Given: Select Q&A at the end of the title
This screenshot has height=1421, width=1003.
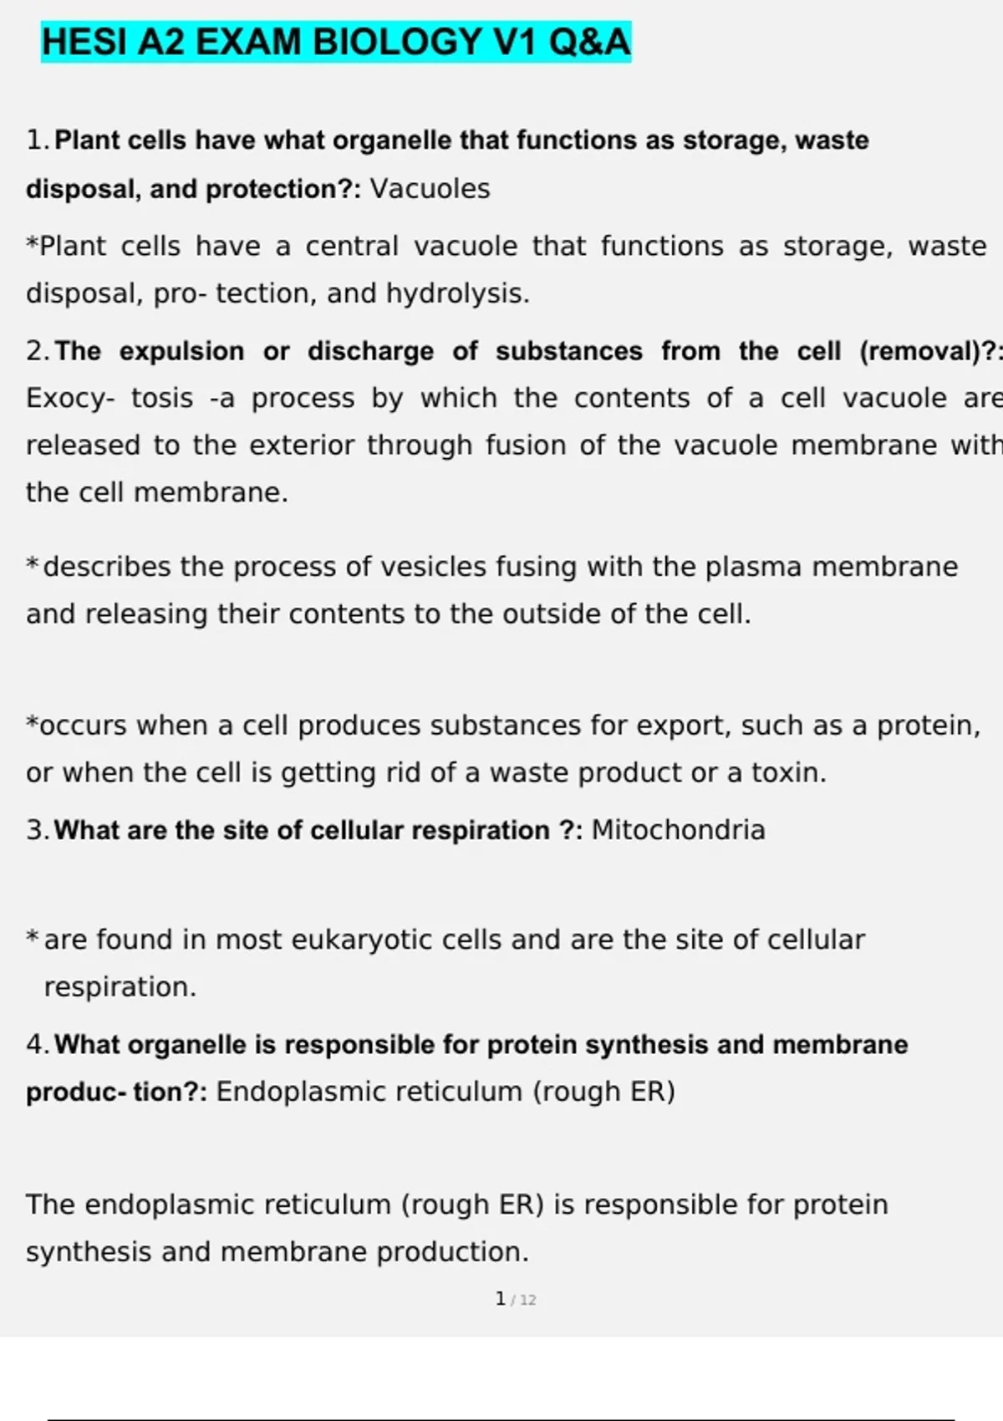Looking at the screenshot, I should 590,42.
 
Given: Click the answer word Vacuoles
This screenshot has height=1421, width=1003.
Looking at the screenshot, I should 430,189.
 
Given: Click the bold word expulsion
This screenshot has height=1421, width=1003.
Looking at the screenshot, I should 181,351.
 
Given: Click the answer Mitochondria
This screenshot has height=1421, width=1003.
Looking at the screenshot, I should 678,830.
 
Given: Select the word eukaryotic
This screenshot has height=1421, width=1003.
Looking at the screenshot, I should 362,940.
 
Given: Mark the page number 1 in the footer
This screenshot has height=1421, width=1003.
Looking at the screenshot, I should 500,1299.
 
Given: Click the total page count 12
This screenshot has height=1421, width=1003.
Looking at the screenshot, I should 527,1300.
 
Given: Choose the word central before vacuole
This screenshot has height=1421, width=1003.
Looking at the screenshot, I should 351,247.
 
